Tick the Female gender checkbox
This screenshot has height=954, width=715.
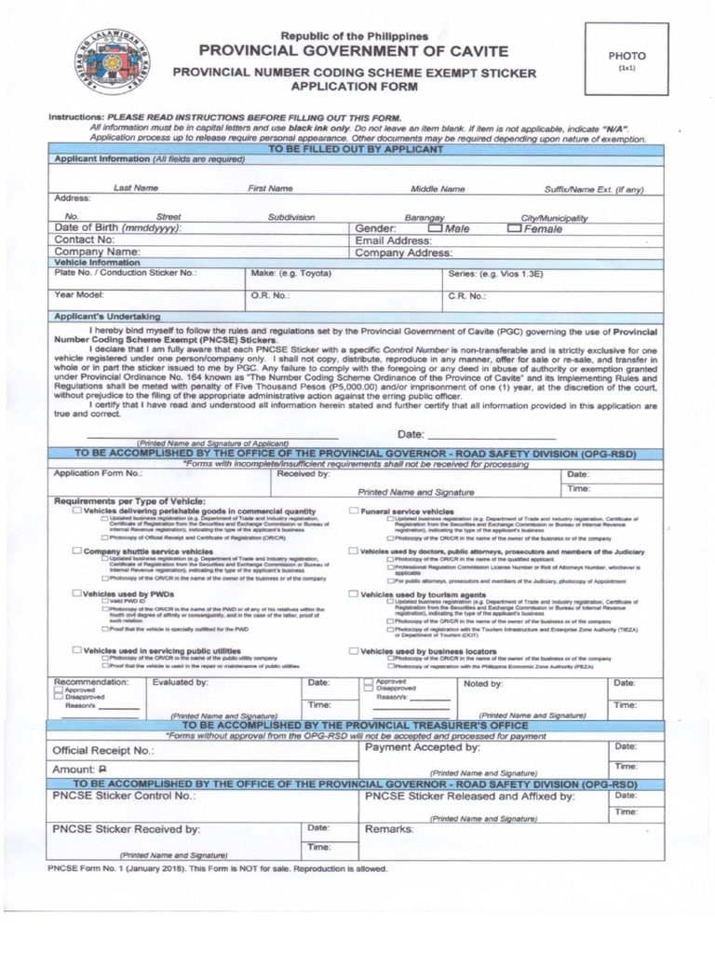(515, 228)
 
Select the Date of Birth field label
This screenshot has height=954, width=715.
(118, 228)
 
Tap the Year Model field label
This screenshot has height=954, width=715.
(79, 295)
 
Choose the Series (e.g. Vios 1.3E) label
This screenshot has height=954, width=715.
(496, 274)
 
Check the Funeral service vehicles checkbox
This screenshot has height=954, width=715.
(354, 511)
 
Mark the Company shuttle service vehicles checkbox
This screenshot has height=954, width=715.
(77, 552)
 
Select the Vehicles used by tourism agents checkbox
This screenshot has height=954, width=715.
(354, 593)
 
